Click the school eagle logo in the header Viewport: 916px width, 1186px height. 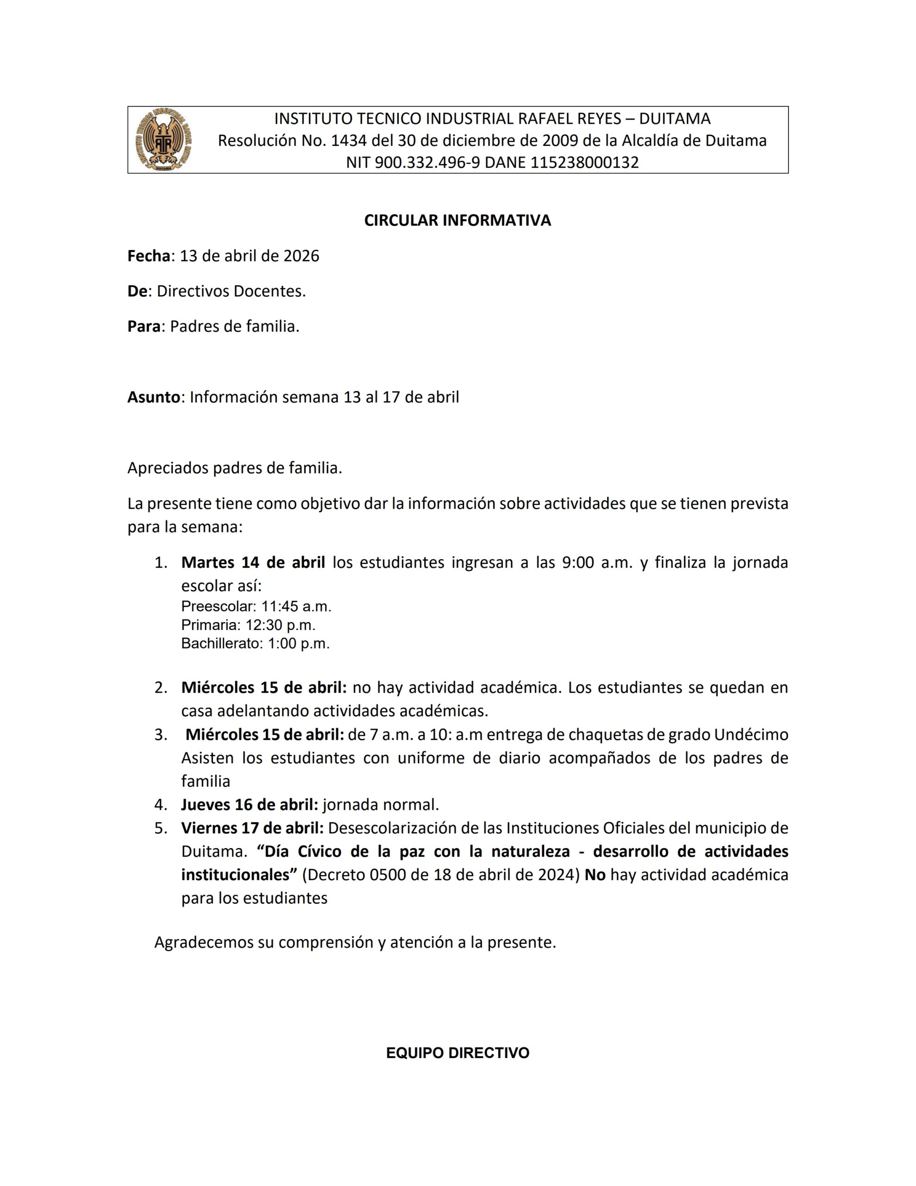163,139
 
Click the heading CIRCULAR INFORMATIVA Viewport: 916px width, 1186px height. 457,220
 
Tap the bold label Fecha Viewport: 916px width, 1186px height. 149,256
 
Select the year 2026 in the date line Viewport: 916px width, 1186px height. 301,256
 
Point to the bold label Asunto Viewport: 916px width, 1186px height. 154,397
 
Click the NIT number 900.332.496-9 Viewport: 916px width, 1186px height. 427,162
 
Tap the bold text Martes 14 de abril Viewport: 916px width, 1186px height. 253,562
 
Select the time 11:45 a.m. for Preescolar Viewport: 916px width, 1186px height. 296,606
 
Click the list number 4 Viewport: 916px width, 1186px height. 161,804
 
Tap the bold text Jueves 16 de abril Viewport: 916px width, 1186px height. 250,804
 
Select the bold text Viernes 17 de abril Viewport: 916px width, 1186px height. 252,828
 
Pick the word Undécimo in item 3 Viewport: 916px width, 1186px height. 751,734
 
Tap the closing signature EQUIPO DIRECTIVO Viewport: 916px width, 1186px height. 457,1053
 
